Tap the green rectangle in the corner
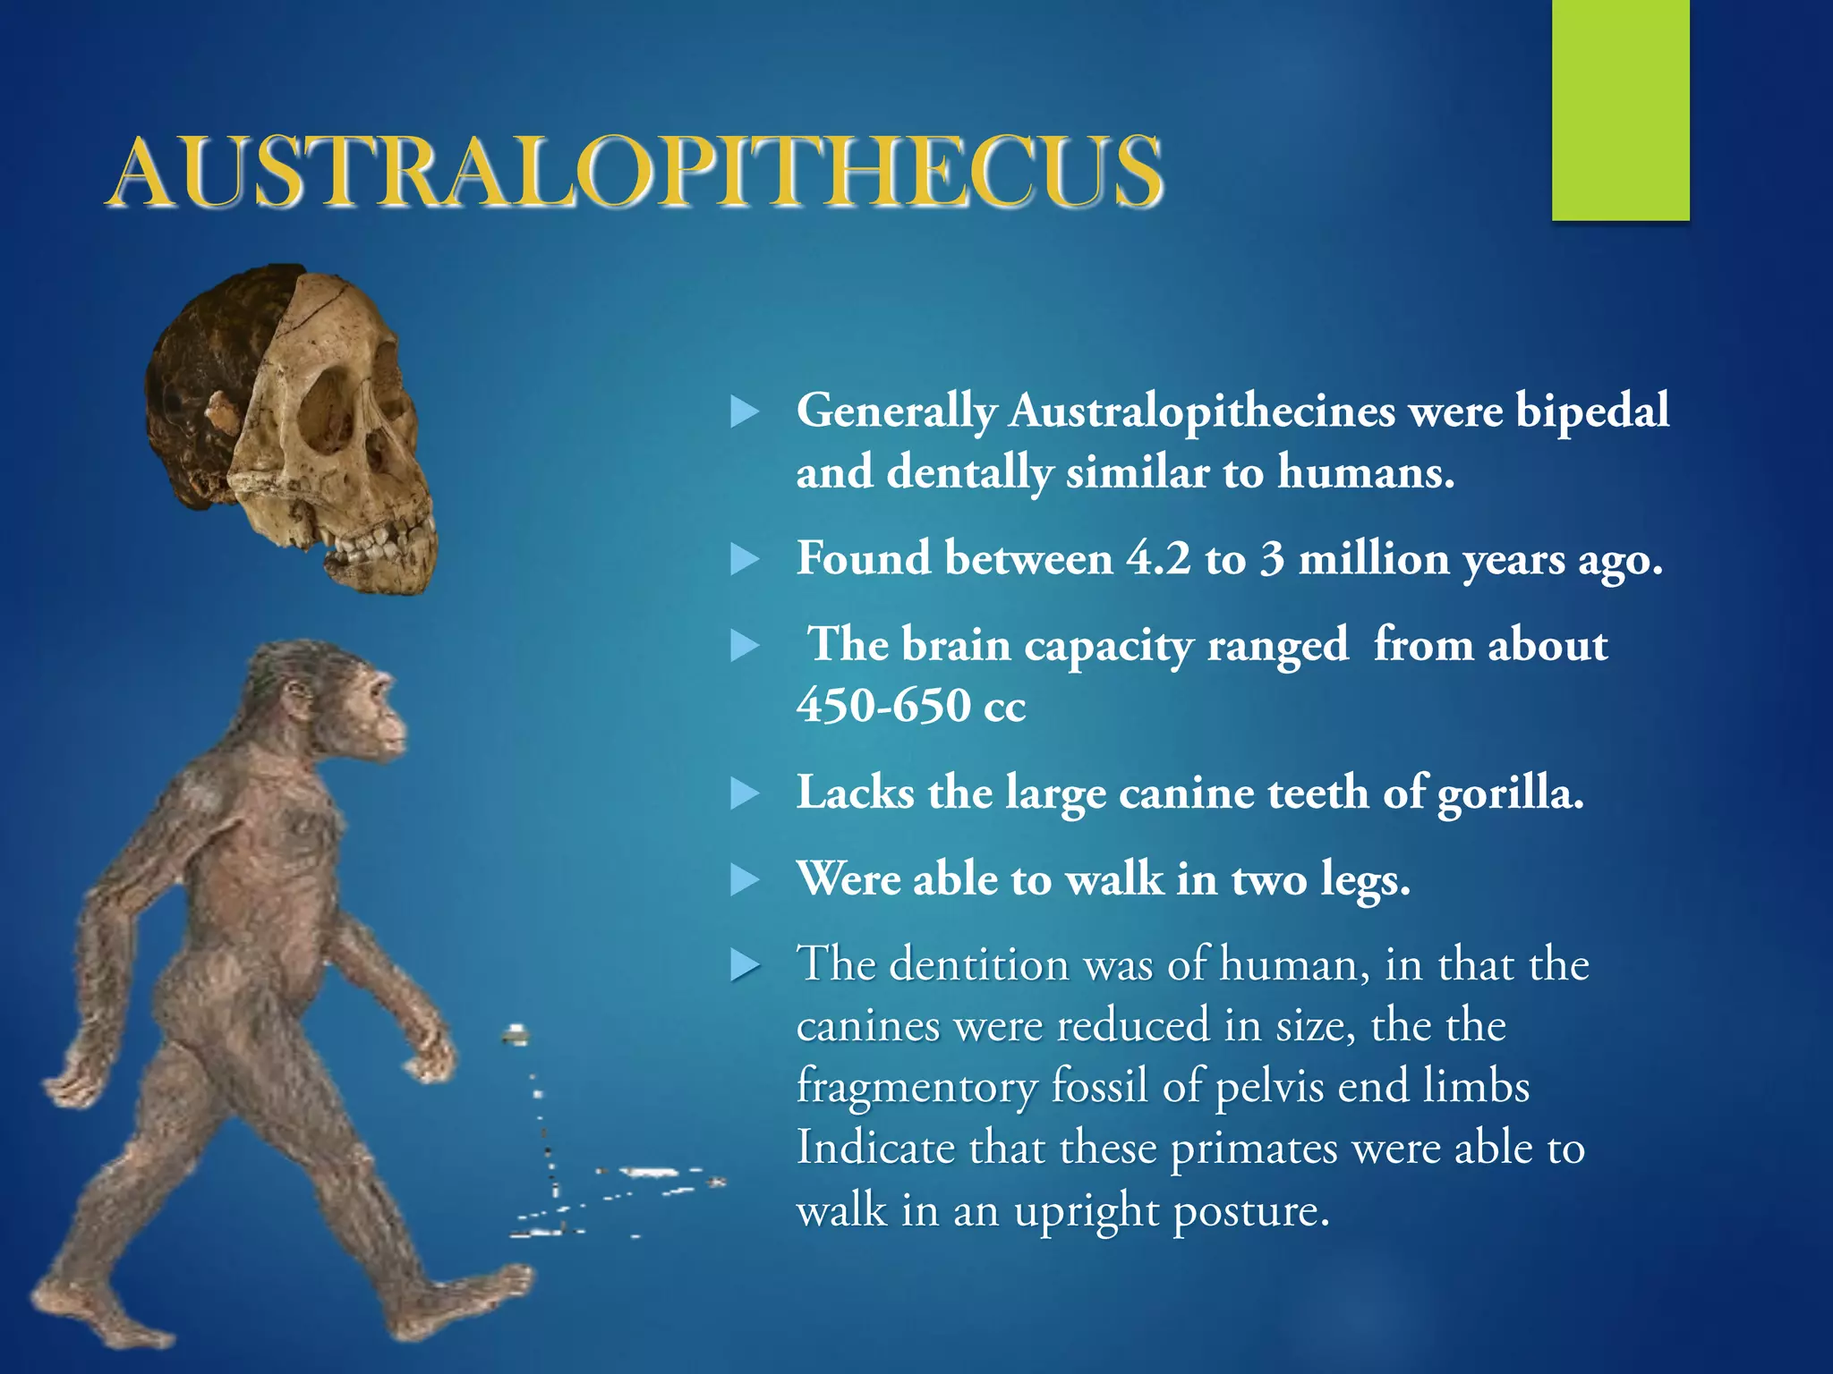(1620, 109)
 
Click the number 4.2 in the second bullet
(1158, 559)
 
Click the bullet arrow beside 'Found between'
(745, 560)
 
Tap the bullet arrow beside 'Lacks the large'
(745, 793)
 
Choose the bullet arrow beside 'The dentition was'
(745, 966)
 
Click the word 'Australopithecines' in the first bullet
(1202, 411)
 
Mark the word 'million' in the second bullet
(1374, 559)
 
